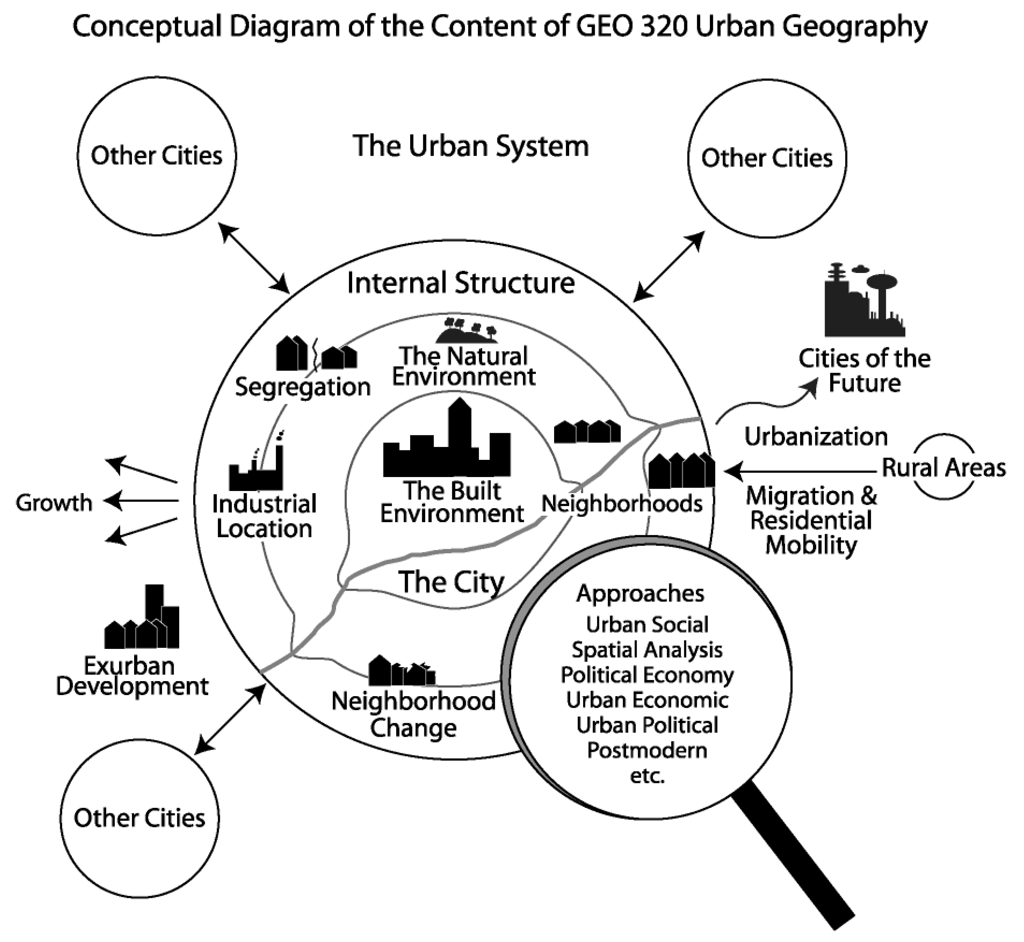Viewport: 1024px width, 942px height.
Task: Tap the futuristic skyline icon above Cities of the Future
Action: tap(864, 302)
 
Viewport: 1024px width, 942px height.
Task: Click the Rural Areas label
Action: tap(943, 468)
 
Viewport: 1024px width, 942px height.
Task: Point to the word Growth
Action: tap(54, 503)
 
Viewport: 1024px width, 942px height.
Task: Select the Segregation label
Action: tap(302, 387)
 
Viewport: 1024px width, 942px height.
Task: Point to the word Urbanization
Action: tap(816, 437)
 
